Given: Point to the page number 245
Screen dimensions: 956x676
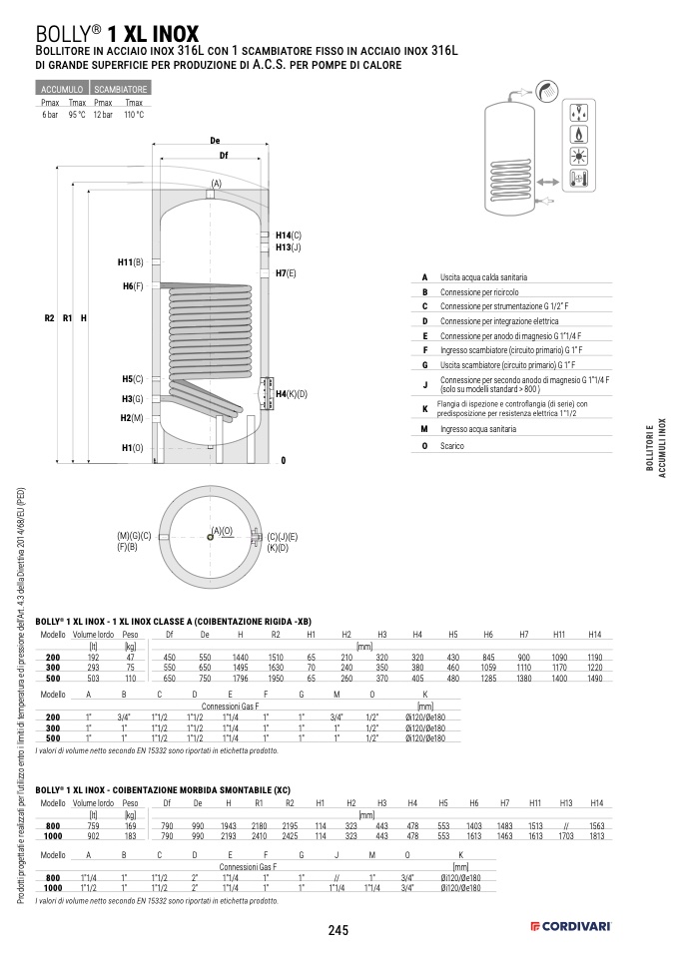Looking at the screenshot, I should click(338, 930).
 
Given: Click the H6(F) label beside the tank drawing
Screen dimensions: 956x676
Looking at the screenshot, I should click(133, 286).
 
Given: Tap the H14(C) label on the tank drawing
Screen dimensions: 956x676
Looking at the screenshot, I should click(289, 235).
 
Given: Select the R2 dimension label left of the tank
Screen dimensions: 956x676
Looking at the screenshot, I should click(49, 318).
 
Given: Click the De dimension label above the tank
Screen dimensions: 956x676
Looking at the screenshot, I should click(215, 141).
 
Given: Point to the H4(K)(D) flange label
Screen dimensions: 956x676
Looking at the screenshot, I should click(291, 394).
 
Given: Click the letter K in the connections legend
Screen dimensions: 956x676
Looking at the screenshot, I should click(424, 408).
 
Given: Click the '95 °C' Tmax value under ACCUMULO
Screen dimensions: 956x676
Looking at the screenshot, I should click(77, 115).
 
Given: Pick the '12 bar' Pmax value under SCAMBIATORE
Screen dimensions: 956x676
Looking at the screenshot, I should click(103, 115).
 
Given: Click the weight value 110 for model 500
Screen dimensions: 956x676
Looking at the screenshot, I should click(130, 680).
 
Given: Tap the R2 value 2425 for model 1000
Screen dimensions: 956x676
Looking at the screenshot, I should click(289, 835).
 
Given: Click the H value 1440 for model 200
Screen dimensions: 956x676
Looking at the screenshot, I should click(240, 658).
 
